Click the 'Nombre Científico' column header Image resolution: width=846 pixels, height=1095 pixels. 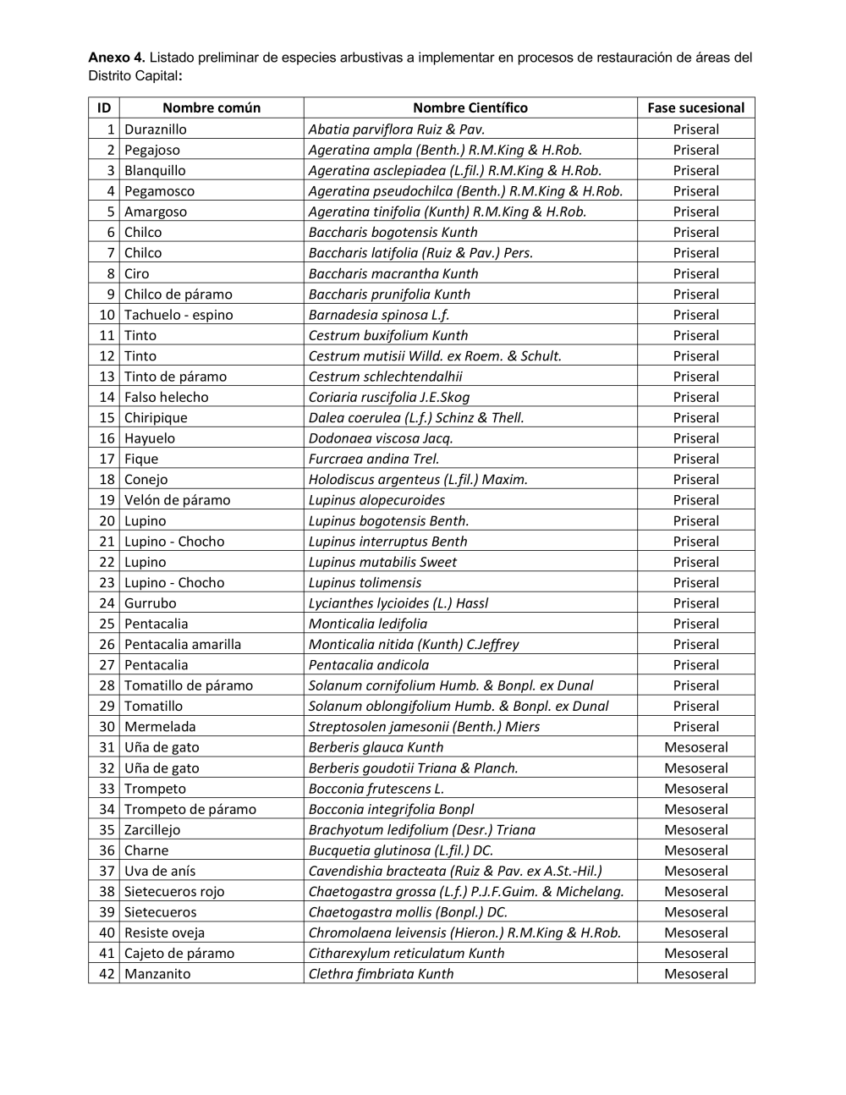(470, 107)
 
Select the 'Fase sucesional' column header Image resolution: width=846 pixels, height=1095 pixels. (695, 107)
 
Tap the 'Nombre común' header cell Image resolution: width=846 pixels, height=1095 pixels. (211, 107)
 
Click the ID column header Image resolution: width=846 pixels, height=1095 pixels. (104, 107)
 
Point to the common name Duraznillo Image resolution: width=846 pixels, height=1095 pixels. (156, 129)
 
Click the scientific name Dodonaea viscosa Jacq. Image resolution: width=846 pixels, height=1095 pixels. (381, 438)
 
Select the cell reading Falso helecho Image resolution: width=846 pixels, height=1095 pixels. (166, 397)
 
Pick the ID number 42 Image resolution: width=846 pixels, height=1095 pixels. (107, 974)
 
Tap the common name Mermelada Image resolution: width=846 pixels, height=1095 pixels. (160, 727)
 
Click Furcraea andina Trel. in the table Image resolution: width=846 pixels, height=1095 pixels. (374, 459)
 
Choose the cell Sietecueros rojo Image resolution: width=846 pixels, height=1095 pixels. (174, 891)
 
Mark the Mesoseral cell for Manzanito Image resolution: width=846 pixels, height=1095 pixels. (695, 974)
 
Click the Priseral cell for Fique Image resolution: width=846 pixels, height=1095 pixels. (695, 459)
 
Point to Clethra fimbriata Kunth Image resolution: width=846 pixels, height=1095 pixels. (381, 974)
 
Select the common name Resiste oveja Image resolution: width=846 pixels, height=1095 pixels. (164, 933)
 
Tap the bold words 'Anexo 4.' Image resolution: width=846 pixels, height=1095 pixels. (117, 58)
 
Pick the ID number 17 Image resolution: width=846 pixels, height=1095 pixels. (107, 459)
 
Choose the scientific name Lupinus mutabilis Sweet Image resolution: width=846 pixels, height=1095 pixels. (382, 562)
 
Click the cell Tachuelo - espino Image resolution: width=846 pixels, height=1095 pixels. (179, 315)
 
